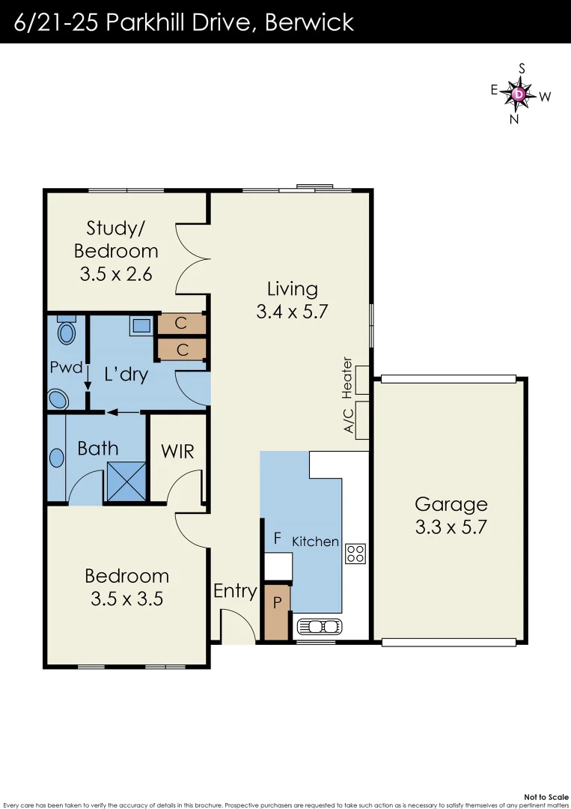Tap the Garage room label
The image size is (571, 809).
(451, 504)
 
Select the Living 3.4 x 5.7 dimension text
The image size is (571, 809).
(292, 312)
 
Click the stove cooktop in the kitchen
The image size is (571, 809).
(355, 554)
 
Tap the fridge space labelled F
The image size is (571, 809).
(277, 538)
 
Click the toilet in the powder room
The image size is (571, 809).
(67, 330)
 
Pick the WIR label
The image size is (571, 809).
(177, 451)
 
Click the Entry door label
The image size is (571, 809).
(235, 590)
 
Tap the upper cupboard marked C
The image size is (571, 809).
(181, 324)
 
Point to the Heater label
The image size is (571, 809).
(346, 378)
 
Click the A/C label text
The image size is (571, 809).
(348, 422)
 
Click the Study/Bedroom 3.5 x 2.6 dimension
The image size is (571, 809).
(116, 273)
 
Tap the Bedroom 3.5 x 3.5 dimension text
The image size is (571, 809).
(126, 599)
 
